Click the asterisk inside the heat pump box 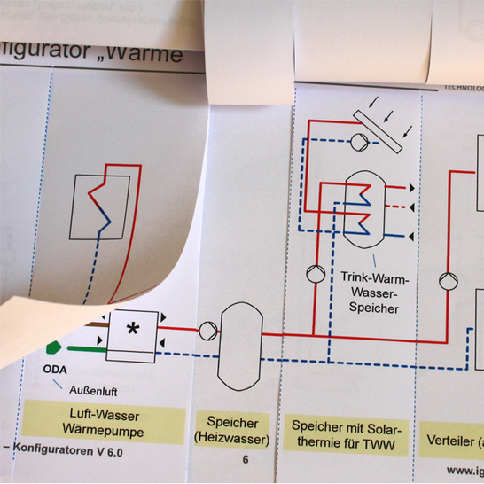coord(133,330)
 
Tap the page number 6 coord(246,459)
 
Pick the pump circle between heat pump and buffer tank coord(206,331)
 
